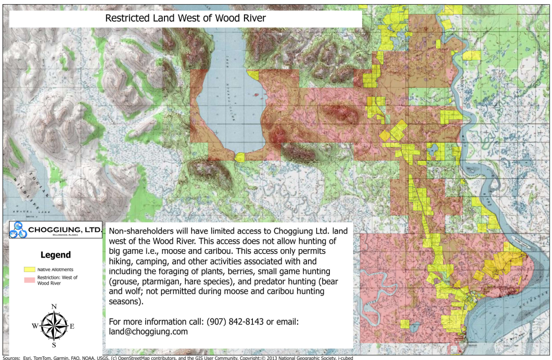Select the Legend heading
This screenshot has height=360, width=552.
[55, 255]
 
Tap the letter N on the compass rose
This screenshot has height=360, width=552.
[54, 306]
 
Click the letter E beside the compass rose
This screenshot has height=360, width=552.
[72, 326]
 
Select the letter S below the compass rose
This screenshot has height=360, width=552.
[54, 345]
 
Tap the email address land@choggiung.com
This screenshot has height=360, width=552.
[148, 331]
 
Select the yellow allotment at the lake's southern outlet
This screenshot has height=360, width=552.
[240, 157]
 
